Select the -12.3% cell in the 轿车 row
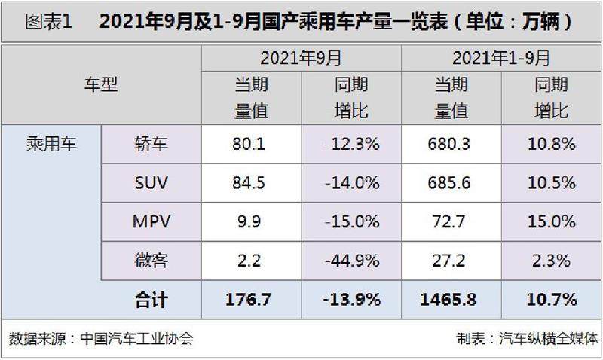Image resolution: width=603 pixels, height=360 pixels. [350, 143]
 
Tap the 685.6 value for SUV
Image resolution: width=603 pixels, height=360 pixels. [451, 182]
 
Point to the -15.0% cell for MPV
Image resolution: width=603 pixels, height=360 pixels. [350, 221]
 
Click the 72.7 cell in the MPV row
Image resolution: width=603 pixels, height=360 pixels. [451, 221]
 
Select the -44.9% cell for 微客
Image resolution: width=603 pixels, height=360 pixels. [350, 261]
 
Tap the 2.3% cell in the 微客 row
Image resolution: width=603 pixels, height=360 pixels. [551, 261]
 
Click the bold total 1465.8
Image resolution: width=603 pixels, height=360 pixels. [451, 300]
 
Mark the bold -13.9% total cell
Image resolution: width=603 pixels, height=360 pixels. [350, 300]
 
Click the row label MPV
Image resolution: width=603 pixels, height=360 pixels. [151, 221]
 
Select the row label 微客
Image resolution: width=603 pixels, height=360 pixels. [151, 261]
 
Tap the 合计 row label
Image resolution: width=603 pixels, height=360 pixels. [151, 300]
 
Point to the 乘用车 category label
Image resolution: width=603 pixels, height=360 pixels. [51, 142]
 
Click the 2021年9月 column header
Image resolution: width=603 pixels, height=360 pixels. [301, 57]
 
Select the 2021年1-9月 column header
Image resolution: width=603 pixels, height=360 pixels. [501, 57]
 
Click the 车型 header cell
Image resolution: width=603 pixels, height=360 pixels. [101, 85]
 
